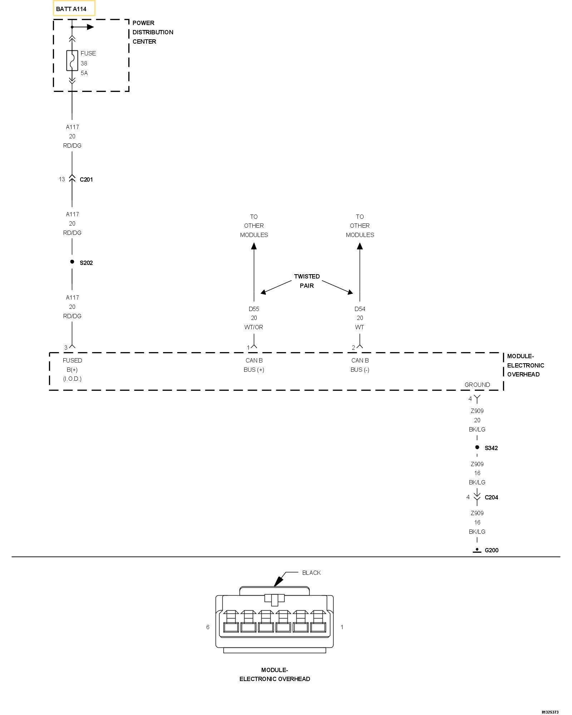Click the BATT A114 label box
(74, 9)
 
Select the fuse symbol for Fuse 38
(72, 60)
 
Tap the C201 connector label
(86, 179)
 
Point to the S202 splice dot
(72, 262)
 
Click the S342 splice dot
(477, 447)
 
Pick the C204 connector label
(491, 497)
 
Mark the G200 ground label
(491, 550)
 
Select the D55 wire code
(254, 309)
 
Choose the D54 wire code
(360, 309)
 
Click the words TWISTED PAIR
(307, 281)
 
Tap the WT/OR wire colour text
(254, 327)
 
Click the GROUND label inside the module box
(477, 385)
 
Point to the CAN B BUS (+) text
(254, 365)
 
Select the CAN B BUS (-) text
(360, 365)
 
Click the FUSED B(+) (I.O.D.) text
(72, 370)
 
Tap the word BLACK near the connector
(311, 573)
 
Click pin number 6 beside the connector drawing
(208, 627)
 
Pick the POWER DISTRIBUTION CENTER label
(153, 32)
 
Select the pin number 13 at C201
(62, 179)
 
